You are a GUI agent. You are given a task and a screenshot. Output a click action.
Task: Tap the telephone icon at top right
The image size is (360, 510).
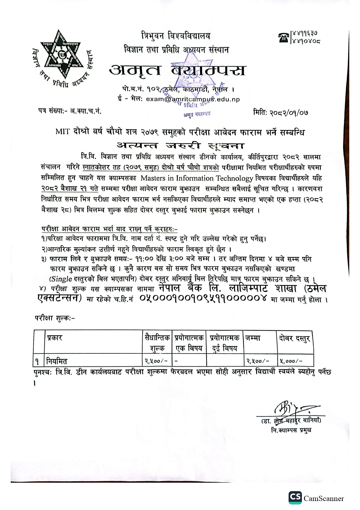[284, 37]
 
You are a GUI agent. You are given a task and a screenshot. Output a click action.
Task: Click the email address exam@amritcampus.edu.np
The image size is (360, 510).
[193, 99]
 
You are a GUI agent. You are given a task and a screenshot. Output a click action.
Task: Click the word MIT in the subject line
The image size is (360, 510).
[62, 132]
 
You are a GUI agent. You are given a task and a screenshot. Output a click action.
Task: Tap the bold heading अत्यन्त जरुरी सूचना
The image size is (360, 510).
[180, 145]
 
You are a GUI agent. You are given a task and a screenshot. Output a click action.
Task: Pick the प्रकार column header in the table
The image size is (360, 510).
[55, 338]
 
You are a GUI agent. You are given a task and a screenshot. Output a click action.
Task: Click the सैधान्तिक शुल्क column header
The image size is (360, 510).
[157, 343]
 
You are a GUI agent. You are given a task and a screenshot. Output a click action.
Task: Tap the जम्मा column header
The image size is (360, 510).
[253, 338]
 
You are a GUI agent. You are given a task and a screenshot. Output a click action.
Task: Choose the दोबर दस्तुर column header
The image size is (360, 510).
[294, 338]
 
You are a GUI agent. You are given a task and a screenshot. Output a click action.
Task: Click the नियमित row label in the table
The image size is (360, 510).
[57, 361]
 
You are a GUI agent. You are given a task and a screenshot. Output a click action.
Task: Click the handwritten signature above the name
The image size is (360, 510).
[290, 409]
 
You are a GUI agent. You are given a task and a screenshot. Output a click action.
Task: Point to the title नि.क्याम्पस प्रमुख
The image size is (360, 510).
[291, 430]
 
